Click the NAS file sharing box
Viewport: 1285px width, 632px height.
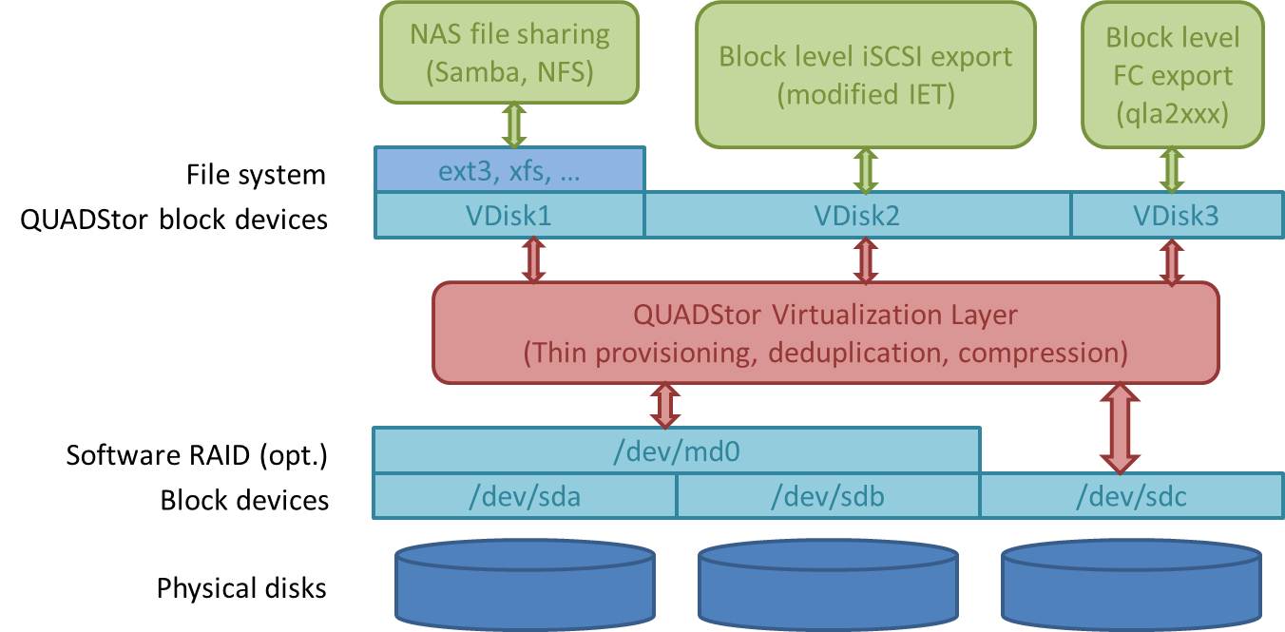tap(508, 52)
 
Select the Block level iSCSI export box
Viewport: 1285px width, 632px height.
tap(865, 74)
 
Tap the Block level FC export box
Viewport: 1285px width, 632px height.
tap(1172, 74)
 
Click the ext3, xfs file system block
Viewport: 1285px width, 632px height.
tap(510, 171)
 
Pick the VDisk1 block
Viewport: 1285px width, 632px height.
tap(510, 216)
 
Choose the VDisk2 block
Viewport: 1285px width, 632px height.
tap(857, 216)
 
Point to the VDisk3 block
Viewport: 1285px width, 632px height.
tap(1175, 216)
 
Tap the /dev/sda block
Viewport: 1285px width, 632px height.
tap(524, 495)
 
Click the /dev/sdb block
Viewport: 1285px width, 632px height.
tap(828, 495)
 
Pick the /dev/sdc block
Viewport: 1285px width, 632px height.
tap(1131, 495)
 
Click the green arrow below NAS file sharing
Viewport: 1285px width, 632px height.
tap(514, 124)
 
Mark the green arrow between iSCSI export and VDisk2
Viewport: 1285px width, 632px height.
tap(865, 170)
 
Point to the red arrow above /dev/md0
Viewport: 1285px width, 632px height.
tap(664, 405)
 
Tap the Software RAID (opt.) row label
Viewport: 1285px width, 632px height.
tap(197, 455)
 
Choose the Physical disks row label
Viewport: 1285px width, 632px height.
tap(241, 588)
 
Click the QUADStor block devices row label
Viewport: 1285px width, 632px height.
tap(174, 220)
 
